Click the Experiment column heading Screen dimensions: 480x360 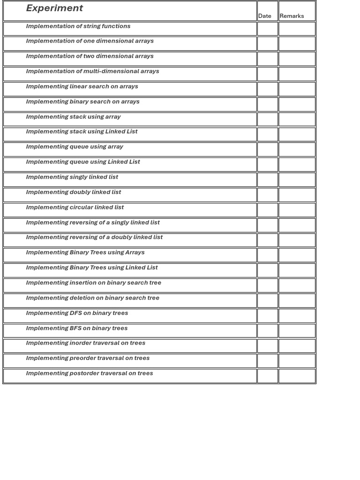[54, 8]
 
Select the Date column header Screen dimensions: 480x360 [264, 16]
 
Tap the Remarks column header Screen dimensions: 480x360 [292, 16]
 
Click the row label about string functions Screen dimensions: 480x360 [78, 26]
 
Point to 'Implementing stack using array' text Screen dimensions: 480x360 [73, 117]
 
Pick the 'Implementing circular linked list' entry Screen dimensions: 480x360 [75, 207]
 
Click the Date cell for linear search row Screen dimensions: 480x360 [267, 89]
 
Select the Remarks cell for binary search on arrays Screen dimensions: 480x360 [297, 104]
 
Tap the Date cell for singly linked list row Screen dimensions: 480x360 [267, 180]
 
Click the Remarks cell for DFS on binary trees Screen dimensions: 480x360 [297, 315]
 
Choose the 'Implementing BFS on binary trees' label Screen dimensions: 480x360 [77, 328]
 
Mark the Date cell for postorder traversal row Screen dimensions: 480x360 [267, 376]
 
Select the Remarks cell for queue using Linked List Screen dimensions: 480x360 [297, 165]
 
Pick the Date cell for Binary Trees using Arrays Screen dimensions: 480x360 [267, 255]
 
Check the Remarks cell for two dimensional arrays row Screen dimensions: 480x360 [297, 59]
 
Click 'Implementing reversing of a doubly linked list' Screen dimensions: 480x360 [94, 237]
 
